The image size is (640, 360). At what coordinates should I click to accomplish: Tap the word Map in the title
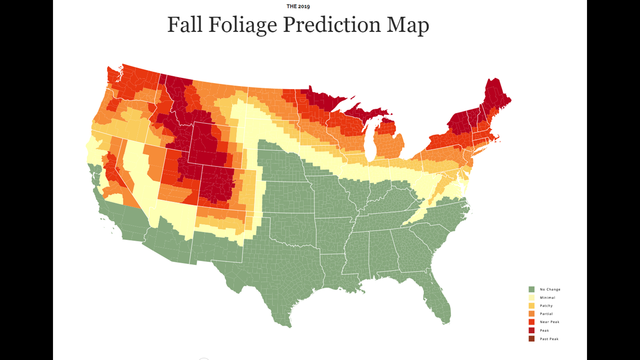pos(407,25)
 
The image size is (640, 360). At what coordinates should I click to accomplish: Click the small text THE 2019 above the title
pos(298,6)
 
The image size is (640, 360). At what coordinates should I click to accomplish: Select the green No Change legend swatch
pos(531,289)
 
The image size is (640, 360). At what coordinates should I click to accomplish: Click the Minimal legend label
pos(547,298)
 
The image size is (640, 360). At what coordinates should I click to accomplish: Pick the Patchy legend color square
pos(531,306)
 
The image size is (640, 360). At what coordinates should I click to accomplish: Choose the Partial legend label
pos(546,314)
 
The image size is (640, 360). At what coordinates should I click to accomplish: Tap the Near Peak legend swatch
pos(531,322)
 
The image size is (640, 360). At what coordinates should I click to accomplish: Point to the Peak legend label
pos(544,330)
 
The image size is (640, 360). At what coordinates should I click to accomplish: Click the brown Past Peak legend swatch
pos(531,339)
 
